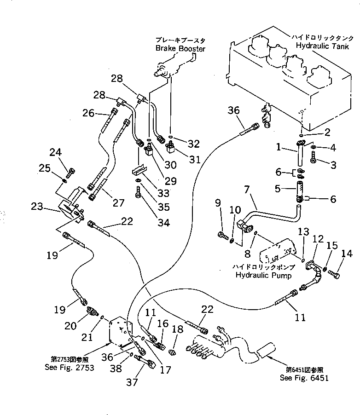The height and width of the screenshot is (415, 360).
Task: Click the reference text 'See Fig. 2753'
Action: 70,367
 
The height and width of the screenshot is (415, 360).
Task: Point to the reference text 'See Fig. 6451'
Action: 305,378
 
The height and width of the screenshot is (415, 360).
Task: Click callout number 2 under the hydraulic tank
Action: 327,133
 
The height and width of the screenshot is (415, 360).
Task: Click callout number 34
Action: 163,223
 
